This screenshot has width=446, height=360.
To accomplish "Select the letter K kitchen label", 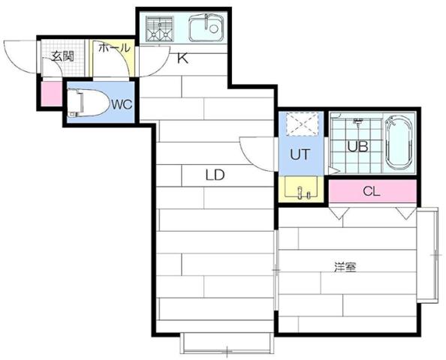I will point(182,58).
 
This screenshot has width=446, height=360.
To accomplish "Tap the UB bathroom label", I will point(357,146).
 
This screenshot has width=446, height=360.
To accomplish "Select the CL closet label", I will point(371,191).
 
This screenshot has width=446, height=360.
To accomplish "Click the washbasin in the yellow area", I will point(304,190).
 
